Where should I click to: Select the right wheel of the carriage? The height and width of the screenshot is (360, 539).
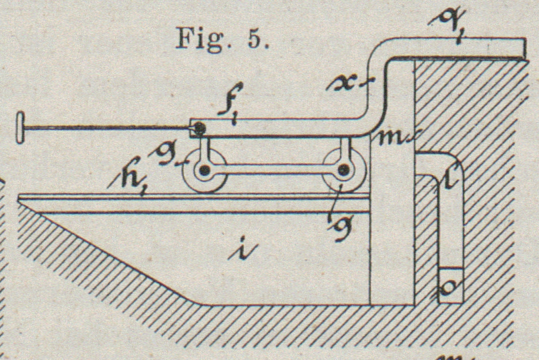(x=344, y=170)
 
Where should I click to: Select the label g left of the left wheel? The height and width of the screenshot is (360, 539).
(x=173, y=156)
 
